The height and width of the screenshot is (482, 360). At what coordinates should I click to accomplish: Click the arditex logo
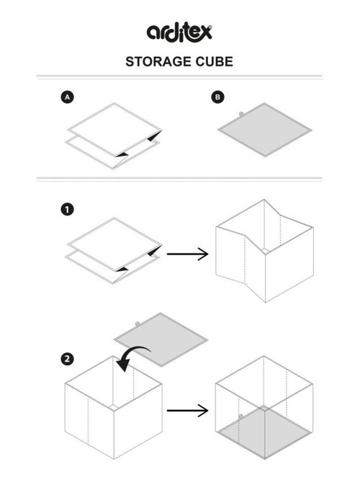point(179,32)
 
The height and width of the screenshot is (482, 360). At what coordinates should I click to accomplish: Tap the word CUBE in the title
point(215,62)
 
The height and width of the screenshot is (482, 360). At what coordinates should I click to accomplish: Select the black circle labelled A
point(67,97)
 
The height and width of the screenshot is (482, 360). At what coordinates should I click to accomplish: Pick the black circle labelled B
point(217,97)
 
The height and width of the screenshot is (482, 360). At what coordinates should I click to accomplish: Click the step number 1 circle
point(67,210)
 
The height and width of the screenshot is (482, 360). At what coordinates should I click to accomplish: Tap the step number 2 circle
point(67,359)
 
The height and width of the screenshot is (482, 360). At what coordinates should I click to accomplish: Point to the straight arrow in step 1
point(187,254)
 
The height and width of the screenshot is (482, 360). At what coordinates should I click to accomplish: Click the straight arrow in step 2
point(187,411)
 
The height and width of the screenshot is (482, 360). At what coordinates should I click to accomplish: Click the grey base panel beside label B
point(265,130)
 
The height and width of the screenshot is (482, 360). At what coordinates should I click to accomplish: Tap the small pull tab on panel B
point(241,114)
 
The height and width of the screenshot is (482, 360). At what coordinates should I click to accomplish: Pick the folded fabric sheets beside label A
point(114,136)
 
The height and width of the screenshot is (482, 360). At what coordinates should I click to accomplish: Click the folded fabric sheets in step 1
point(114,251)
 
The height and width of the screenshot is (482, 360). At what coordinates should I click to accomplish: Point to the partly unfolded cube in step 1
point(264,251)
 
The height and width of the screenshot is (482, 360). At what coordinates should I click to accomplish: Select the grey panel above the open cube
point(161,339)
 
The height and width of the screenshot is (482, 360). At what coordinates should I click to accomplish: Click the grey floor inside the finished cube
point(264,432)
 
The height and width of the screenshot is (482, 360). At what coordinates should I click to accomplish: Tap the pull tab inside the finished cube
point(240,416)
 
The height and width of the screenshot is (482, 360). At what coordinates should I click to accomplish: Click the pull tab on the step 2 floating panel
point(138,323)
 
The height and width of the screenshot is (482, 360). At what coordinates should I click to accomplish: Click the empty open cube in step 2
point(114,408)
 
